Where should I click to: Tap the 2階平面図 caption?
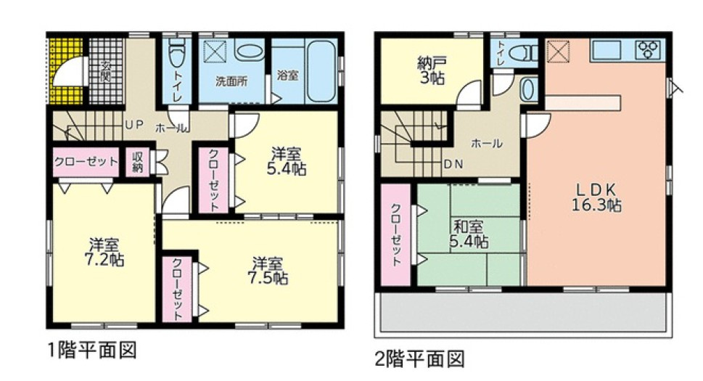point(419,358)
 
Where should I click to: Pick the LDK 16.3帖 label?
point(596,197)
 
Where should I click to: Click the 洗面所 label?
point(231,81)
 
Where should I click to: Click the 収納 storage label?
point(138,163)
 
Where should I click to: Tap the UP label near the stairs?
point(133,125)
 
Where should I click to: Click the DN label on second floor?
point(454,163)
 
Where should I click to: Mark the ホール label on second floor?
point(486,143)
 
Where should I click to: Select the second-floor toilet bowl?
point(522,52)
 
